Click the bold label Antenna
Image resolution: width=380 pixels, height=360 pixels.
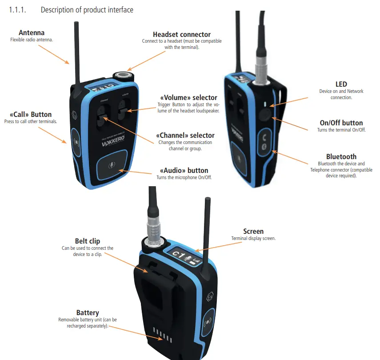coord(31,33)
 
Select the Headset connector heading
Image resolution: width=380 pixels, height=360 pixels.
coord(182,34)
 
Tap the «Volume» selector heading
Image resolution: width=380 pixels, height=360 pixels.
coord(188,98)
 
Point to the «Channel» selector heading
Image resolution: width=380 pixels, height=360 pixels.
coord(185,135)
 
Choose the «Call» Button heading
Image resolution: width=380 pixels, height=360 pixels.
coord(30,114)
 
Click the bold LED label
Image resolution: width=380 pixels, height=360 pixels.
coord(341,84)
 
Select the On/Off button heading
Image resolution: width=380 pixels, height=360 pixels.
coord(341,123)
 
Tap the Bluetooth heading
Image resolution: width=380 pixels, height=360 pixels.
coord(341,156)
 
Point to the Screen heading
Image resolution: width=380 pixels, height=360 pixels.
coord(253,231)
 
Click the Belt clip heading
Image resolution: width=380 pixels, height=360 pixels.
coord(88,241)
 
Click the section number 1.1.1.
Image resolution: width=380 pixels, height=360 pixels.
coord(18,10)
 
